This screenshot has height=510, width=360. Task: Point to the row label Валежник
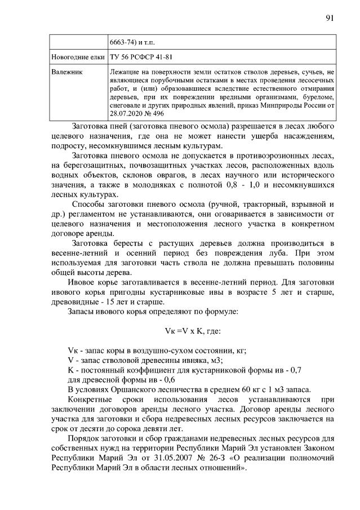pyautogui.click(x=66, y=73)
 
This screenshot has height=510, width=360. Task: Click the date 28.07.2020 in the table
pyautogui.click(x=127, y=113)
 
